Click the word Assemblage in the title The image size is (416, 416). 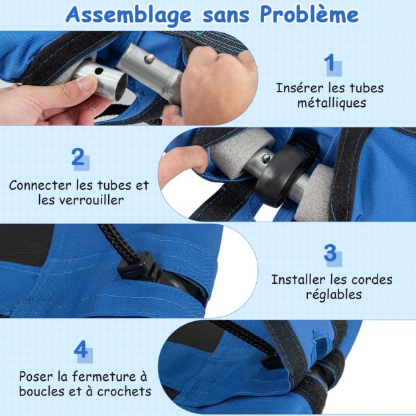pyautogui.click(x=129, y=15)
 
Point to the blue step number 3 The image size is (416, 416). pyautogui.click(x=330, y=253)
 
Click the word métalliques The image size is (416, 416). pyautogui.click(x=331, y=103)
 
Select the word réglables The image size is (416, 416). pyautogui.click(x=334, y=295)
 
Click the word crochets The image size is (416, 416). pyautogui.click(x=124, y=391)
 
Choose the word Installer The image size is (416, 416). pyautogui.click(x=298, y=279)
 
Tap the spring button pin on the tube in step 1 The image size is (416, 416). pyautogui.click(x=151, y=58)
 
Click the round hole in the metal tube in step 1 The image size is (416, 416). pyautogui.click(x=99, y=71)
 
